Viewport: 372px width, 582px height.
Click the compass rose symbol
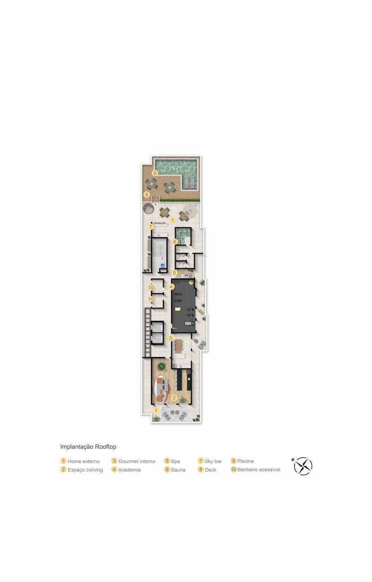click(303, 466)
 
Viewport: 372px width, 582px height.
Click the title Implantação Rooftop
click(88, 447)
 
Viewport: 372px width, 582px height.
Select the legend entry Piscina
click(242, 461)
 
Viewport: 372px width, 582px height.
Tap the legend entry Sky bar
click(210, 461)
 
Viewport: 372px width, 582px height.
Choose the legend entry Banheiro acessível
click(255, 470)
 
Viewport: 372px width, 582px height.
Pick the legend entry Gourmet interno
click(133, 461)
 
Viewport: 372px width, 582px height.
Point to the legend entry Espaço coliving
click(81, 470)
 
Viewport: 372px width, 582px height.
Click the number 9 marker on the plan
click(155, 173)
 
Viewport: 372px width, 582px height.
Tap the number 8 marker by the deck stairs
click(147, 194)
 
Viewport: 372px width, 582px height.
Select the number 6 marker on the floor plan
click(175, 242)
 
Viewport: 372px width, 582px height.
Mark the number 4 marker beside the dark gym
click(171, 287)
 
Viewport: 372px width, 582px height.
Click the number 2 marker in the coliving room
click(174, 398)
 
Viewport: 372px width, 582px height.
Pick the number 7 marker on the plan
click(151, 227)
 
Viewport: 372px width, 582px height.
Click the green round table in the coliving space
click(161, 367)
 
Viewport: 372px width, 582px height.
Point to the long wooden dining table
click(179, 347)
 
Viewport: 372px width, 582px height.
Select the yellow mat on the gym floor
click(178, 309)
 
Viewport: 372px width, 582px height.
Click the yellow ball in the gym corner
click(192, 282)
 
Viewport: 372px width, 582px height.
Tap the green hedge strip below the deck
click(179, 200)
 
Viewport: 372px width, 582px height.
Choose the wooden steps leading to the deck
click(156, 198)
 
